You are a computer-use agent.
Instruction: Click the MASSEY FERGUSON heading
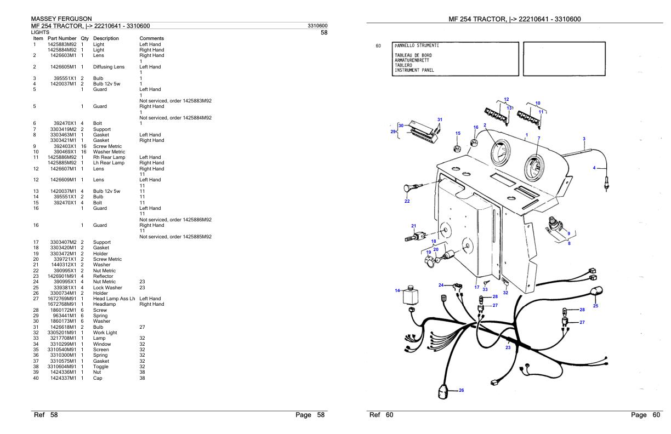[60, 19]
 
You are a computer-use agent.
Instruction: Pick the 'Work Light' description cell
[106, 333]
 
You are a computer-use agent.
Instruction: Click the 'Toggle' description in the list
[101, 367]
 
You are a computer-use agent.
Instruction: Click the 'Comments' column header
[152, 38]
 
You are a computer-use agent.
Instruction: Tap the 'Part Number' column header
[62, 38]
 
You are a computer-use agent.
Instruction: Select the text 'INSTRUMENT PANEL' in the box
[414, 70]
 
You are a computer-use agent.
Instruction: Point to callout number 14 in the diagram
[397, 290]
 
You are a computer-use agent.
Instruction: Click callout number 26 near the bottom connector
[461, 390]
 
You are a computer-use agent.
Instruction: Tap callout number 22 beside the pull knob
[407, 201]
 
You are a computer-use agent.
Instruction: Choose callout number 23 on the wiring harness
[508, 347]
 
